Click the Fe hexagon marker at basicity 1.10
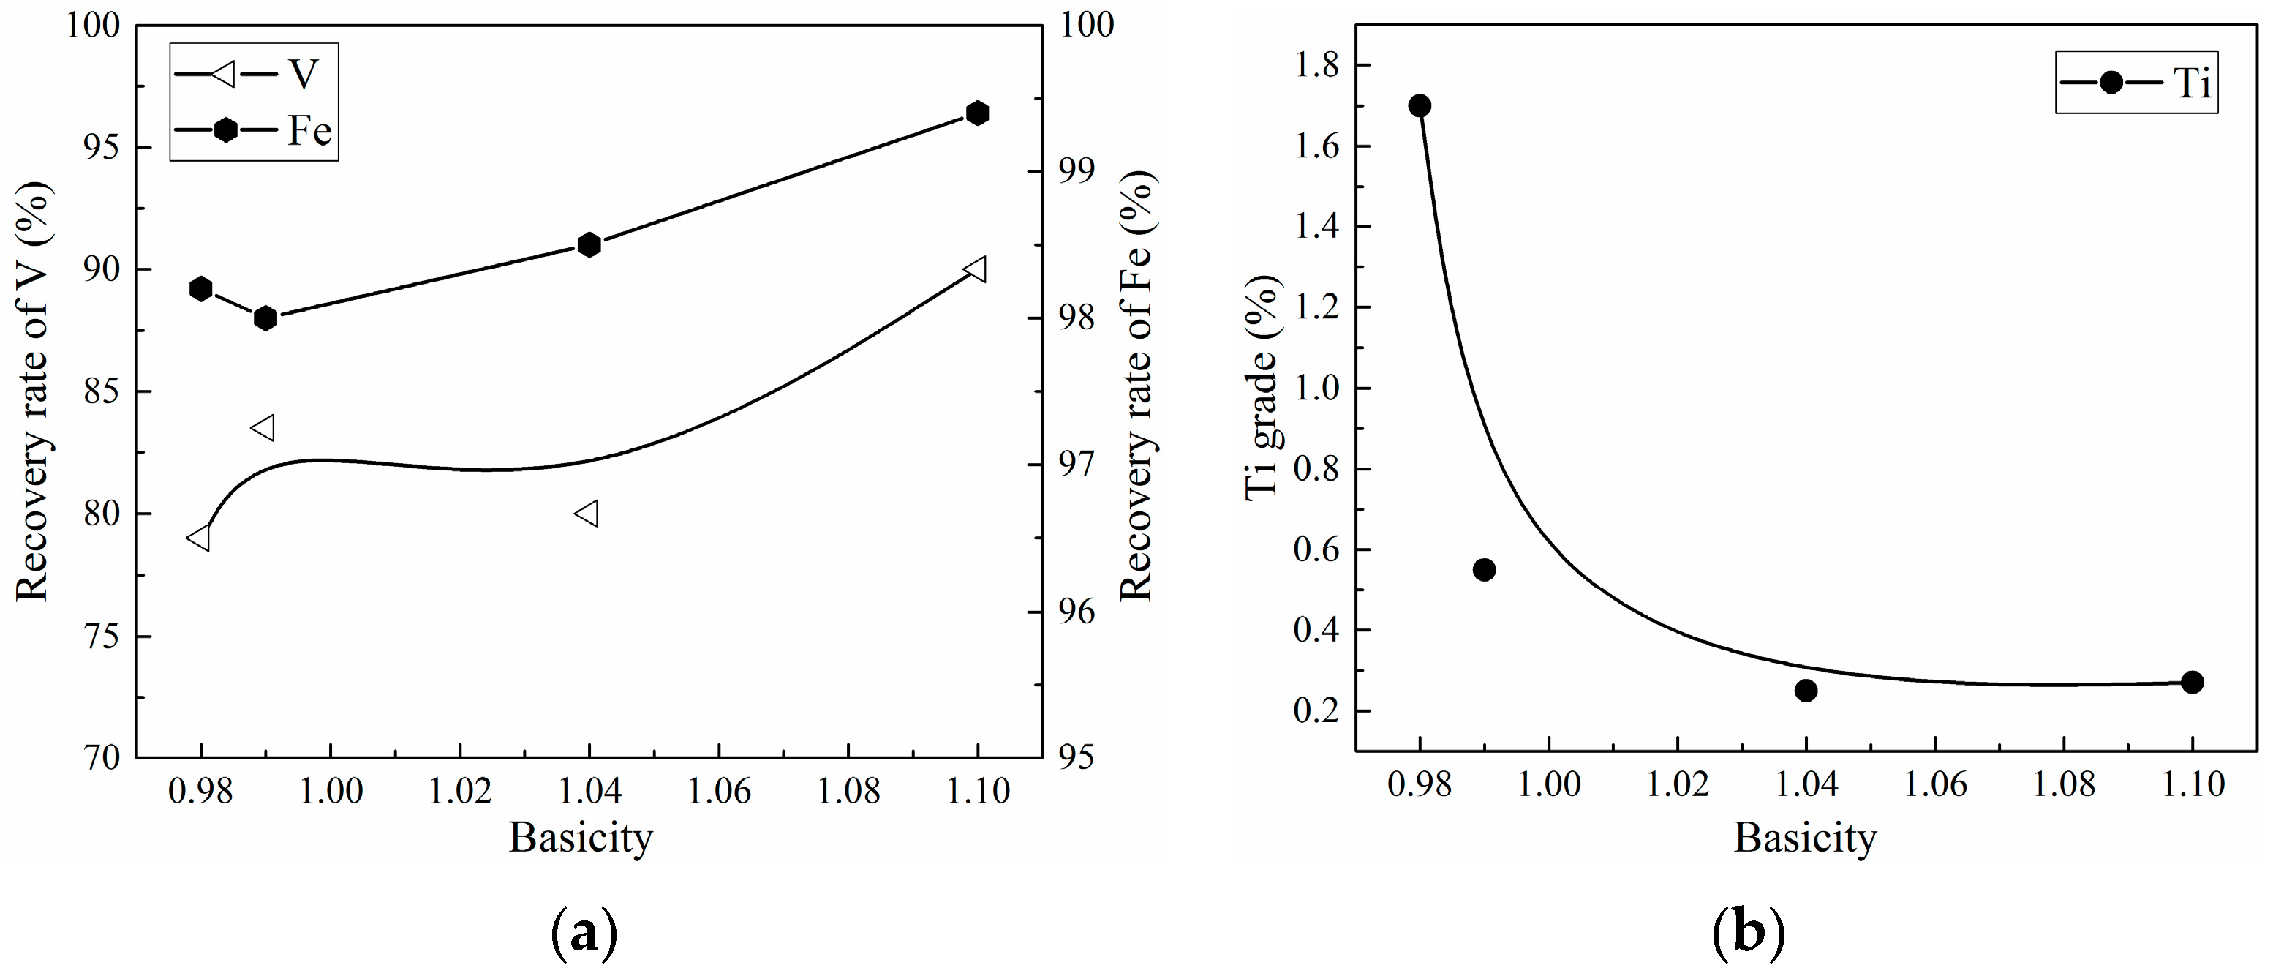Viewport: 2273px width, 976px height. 977,113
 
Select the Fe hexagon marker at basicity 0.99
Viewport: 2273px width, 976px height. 265,318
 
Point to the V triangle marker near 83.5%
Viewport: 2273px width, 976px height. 264,428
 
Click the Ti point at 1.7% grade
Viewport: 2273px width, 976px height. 1420,106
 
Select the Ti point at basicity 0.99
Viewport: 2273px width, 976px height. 1484,569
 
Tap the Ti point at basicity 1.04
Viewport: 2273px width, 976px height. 1806,690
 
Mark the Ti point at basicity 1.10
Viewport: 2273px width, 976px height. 2193,682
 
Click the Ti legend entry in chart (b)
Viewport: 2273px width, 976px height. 2136,83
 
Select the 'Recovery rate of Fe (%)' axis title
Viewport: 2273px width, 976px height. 1136,386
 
